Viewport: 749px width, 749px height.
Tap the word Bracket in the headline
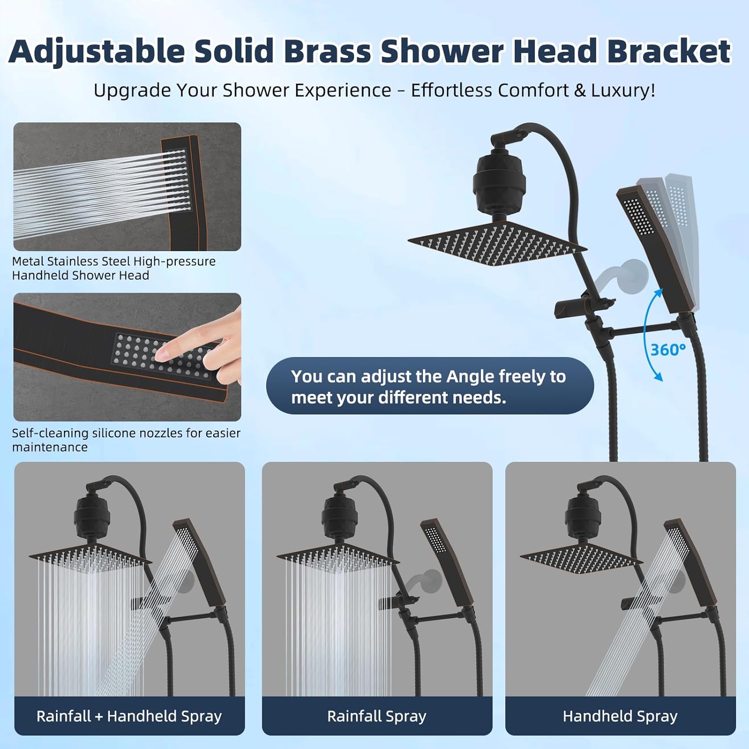668,51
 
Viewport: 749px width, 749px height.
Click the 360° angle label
668,350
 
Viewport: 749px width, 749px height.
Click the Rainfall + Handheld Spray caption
129,716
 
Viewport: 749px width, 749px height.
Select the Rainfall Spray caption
376,716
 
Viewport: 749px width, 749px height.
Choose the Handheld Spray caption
620,716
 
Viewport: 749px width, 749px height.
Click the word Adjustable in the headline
97,52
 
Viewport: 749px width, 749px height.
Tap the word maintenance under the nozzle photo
49,447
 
